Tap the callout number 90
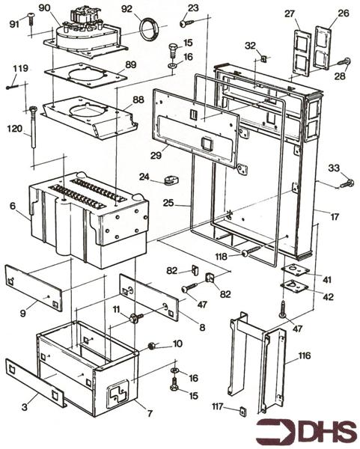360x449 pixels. (45, 8)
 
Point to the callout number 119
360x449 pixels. (20, 69)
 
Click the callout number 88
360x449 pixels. (138, 100)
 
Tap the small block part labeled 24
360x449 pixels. (173, 180)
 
